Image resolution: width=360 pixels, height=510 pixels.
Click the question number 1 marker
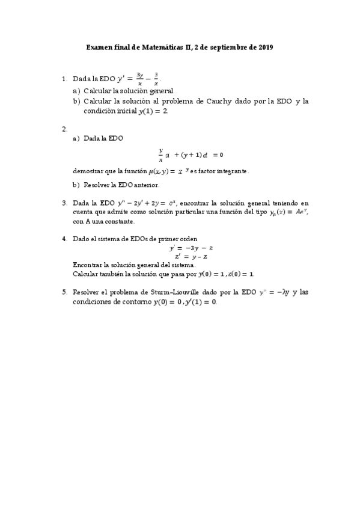click(64, 79)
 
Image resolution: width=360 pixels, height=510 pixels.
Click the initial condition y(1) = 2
click(153, 111)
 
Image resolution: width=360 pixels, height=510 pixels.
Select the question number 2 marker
click(64, 129)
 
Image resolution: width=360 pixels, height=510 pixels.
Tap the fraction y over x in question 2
click(161, 155)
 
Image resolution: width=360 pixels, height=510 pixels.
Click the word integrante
click(227, 171)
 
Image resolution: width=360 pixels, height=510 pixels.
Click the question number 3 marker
click(64, 203)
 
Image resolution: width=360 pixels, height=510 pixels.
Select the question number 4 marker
click(64, 239)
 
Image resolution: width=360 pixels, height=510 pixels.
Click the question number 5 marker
click(64, 292)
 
